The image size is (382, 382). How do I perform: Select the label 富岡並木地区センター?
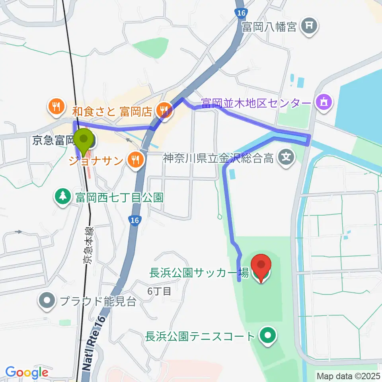coord(256,104)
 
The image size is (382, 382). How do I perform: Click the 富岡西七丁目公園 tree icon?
coord(62,196)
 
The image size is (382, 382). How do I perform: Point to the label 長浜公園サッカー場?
coord(199,273)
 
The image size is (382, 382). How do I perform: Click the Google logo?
coord(27,373)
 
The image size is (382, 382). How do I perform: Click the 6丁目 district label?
coord(159,291)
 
